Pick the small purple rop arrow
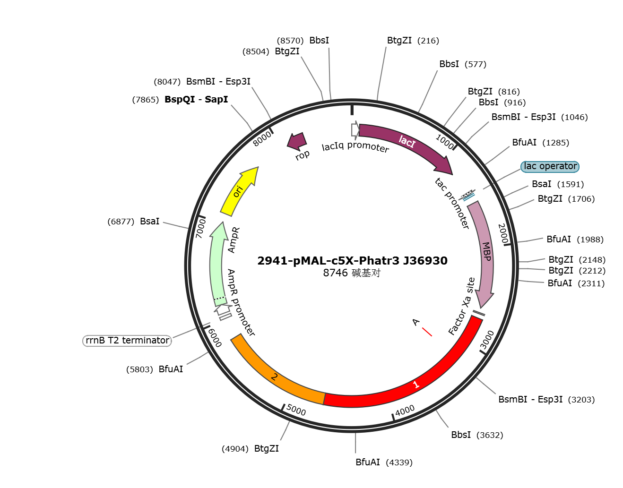tap(297, 141)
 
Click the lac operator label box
tap(550, 166)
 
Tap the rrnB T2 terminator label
tap(127, 341)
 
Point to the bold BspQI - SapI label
tap(196, 99)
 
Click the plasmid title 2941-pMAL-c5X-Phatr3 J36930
tap(352, 261)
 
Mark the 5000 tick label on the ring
tap(296, 410)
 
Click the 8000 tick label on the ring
tap(262, 139)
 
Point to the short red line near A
tap(427, 332)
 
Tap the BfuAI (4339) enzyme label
tap(384, 462)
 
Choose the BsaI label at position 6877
tap(133, 221)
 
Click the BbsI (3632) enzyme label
tap(477, 435)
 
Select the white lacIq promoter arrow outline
tap(355, 129)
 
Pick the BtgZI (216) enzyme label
tap(413, 41)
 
